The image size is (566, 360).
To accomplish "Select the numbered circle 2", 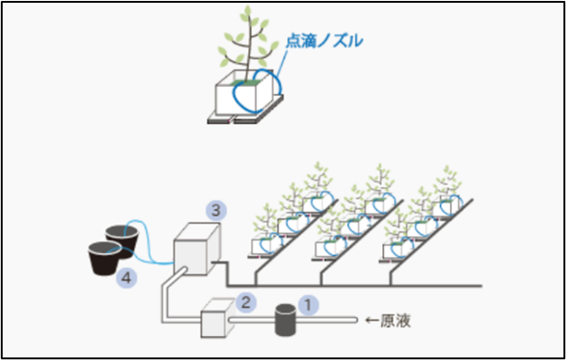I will click(244, 301).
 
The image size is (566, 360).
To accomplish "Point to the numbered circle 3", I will click(214, 211).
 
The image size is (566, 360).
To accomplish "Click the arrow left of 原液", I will click(371, 321).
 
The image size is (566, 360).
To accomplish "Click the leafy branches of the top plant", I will click(243, 41).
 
